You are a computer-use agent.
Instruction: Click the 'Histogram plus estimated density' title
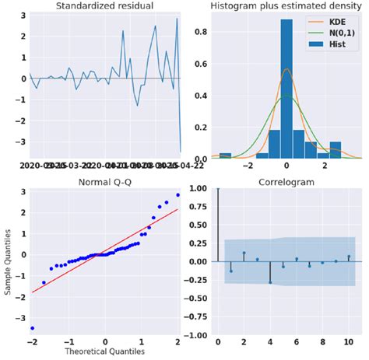coord(286,6)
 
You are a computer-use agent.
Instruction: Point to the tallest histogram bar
coord(286,86)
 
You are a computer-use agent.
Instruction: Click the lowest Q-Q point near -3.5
coord(33,328)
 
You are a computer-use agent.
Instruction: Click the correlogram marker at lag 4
coord(271,281)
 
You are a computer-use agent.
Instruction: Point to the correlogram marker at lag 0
coord(218,188)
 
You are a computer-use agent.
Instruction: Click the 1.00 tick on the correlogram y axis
coord(197,188)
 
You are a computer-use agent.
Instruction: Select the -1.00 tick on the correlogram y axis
coord(195,335)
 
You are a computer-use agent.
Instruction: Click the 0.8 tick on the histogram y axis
coord(199,31)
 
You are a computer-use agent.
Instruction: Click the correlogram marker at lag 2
coord(244,253)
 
